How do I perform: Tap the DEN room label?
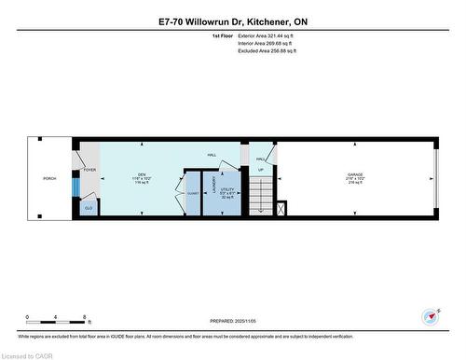[x=142, y=175]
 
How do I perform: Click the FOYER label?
[x=89, y=170]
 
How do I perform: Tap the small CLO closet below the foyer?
[x=87, y=207]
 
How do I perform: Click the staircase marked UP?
[x=261, y=194]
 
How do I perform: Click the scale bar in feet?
[x=56, y=320]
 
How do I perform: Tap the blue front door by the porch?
[x=76, y=185]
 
